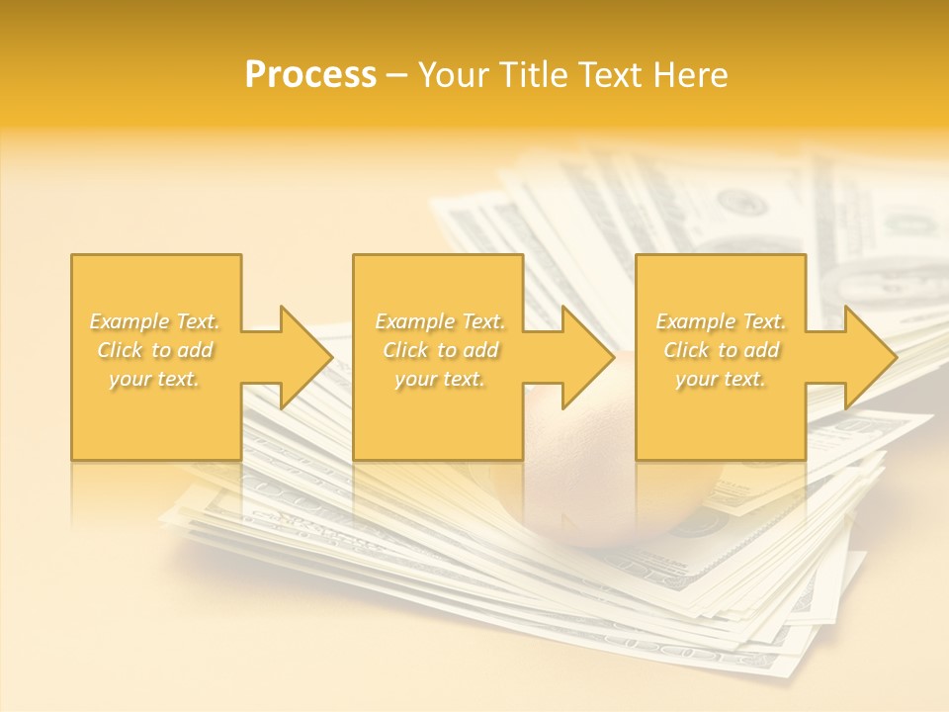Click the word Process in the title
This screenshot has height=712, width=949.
pos(310,75)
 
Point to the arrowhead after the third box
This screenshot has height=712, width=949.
pos(869,357)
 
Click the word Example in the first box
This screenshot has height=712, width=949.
pos(129,321)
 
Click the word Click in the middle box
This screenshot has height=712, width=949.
pos(405,350)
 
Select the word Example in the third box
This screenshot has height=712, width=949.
pos(695,321)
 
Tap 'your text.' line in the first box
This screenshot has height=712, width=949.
pos(154,379)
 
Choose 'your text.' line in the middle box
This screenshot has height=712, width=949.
pos(439,379)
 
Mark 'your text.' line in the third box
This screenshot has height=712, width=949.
pos(721,379)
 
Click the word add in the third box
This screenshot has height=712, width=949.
pos(761,350)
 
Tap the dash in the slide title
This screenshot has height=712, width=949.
pos(397,75)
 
